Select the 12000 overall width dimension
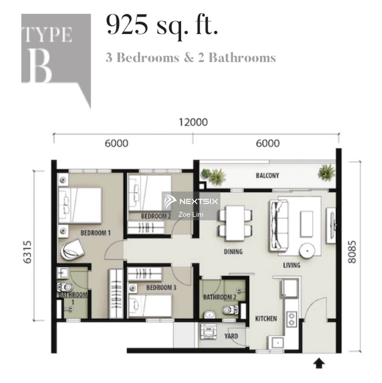point(193,122)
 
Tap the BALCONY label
point(267,176)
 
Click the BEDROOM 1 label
point(95,233)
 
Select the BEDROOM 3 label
point(161,288)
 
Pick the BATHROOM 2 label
point(219,297)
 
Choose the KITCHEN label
point(266,319)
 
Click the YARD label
point(231,336)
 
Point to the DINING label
point(233,252)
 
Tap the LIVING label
point(291,265)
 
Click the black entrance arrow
point(319,364)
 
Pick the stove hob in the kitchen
point(291,319)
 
